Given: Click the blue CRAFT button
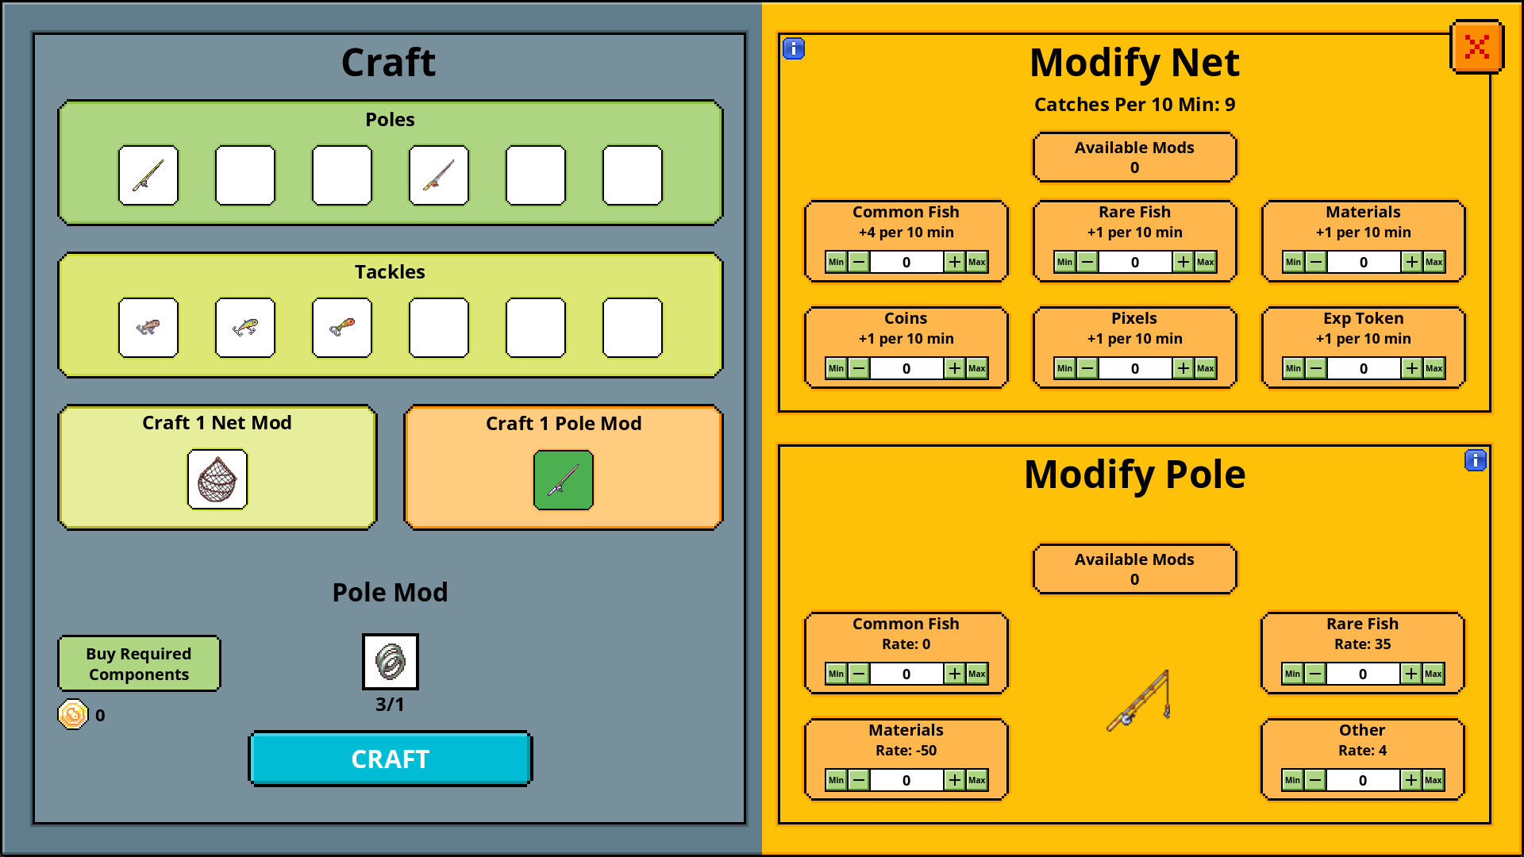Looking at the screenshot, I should [x=390, y=759].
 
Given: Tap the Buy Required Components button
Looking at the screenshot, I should [x=139, y=663].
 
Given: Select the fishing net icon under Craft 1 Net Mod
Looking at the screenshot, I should [x=217, y=479].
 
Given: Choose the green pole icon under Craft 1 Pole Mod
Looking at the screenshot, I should [x=563, y=479].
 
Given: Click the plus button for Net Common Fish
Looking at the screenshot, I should [x=954, y=262].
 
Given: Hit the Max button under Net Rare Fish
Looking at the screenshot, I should [x=1205, y=262].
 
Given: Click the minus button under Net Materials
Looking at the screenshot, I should [x=1315, y=262].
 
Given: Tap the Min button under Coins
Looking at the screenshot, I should [x=836, y=368].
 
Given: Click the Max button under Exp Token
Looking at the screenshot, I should [x=1434, y=368].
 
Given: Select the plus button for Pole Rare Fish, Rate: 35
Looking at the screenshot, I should [x=1410, y=674].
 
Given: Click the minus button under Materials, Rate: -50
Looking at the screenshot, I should [x=859, y=780].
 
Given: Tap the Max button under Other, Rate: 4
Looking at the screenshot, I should [x=1433, y=780].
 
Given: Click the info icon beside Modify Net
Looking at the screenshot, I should [x=794, y=49].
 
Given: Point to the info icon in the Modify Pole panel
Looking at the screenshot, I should [x=1475, y=460].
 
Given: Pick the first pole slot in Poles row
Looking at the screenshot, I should [x=148, y=175].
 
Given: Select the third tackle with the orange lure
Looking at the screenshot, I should [x=342, y=328].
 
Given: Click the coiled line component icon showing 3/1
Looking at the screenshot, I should [x=390, y=662].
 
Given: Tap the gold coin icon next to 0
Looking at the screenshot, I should [x=72, y=714].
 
